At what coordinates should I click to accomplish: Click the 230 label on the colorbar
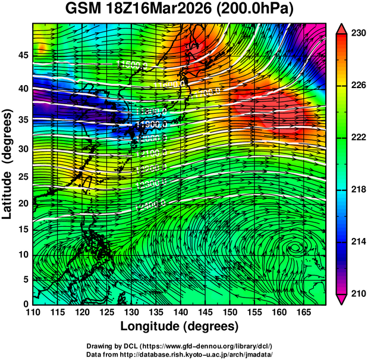(357, 34)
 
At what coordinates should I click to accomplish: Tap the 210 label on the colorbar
(357, 293)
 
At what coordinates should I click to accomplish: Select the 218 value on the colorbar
(357, 190)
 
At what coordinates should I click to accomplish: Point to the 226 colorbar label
(357, 86)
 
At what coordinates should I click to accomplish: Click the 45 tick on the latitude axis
(22, 55)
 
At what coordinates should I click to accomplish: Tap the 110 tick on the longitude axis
(33, 312)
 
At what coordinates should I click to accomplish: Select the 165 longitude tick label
(302, 312)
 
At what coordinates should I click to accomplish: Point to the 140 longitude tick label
(180, 312)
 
